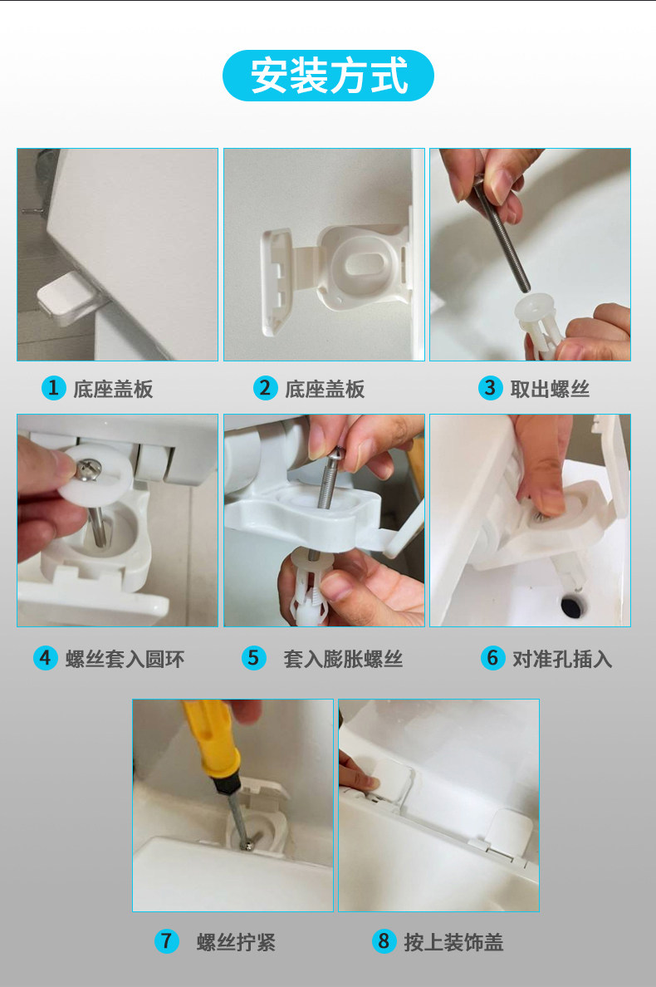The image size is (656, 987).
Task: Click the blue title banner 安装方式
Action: coord(328,76)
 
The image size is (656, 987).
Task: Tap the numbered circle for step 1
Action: coord(53,388)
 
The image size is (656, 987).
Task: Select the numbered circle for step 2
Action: coord(265,388)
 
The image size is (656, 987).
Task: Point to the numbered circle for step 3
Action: coord(490,388)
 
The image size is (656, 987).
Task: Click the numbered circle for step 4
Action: coord(46,659)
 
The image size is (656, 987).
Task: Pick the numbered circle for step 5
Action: coord(253,659)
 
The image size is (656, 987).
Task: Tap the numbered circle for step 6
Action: coord(492,659)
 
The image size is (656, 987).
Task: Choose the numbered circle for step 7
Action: coord(167,941)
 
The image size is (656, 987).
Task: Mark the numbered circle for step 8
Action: coord(384,941)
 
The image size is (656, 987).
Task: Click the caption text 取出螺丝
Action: coord(550,389)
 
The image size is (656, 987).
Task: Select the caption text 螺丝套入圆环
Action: coord(125,659)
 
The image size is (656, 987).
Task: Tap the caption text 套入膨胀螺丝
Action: coord(343,659)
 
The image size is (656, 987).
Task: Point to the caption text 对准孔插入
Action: coord(561,659)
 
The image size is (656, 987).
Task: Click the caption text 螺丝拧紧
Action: coord(236,942)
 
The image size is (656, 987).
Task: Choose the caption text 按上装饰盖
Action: coord(453,942)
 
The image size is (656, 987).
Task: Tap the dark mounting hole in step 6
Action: coord(572,606)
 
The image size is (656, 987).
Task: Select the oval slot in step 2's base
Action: coord(365,265)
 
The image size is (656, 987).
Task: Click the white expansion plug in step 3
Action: coord(539,323)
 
